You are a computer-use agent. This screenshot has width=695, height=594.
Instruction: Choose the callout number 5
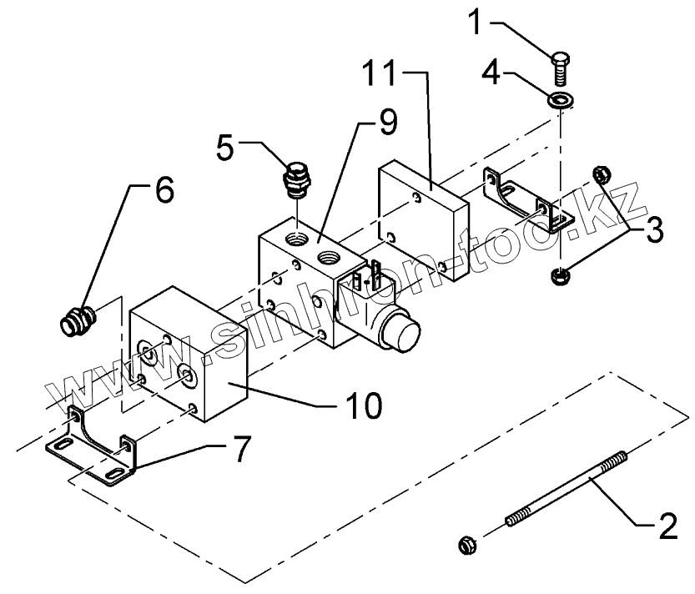click(225, 148)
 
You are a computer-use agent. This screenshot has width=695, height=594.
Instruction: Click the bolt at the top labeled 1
click(561, 64)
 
